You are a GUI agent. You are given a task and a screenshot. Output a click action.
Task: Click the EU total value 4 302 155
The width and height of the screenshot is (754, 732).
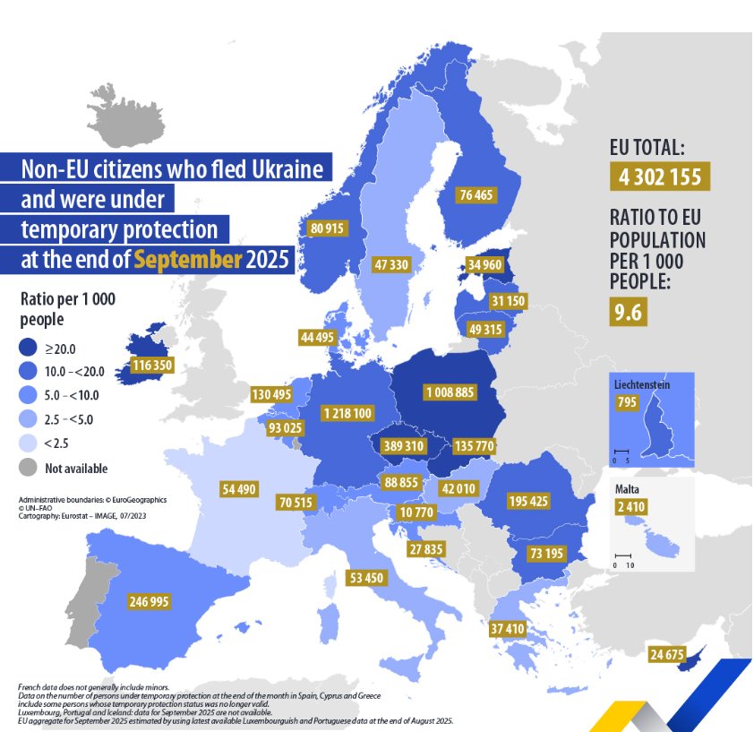coord(659,177)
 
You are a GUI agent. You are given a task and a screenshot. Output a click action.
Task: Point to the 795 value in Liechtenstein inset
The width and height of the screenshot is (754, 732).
coord(628,403)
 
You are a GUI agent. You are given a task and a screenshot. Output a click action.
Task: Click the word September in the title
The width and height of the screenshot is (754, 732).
coord(188,261)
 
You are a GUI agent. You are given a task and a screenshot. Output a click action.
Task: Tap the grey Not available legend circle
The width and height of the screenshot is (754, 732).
coord(30,468)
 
